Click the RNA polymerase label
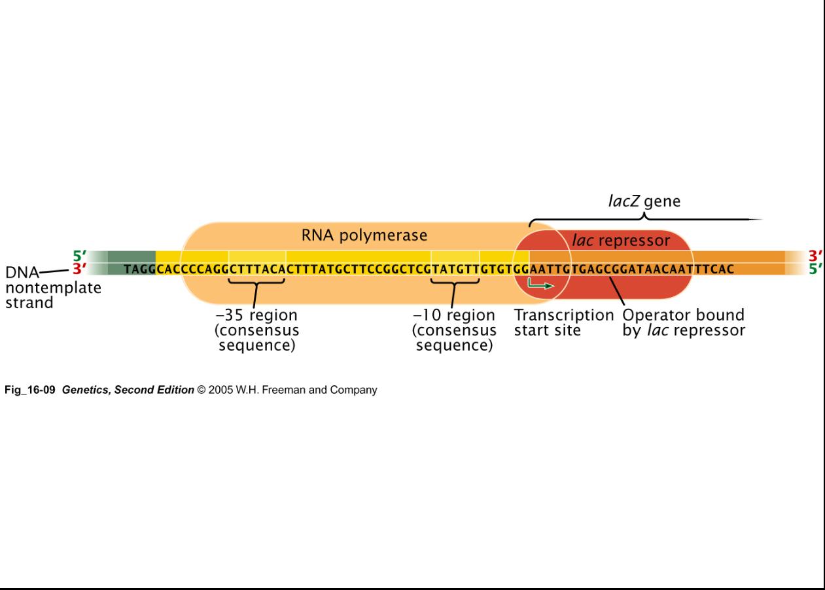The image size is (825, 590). pyautogui.click(x=364, y=235)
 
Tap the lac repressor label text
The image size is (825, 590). pyautogui.click(x=621, y=241)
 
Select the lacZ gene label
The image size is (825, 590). pyautogui.click(x=644, y=201)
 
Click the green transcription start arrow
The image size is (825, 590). pyautogui.click(x=540, y=284)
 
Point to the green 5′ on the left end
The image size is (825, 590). pyautogui.click(x=80, y=256)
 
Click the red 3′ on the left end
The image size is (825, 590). pyautogui.click(x=80, y=269)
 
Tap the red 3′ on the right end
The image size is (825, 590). pyautogui.click(x=815, y=256)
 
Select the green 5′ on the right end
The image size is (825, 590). pyautogui.click(x=815, y=269)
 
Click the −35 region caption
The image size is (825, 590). pyautogui.click(x=256, y=330)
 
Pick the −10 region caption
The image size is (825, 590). pyautogui.click(x=454, y=330)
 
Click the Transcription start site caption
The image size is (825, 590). pyautogui.click(x=564, y=322)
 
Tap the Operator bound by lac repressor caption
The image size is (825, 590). pyautogui.click(x=684, y=322)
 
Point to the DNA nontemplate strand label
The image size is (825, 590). pyautogui.click(x=53, y=288)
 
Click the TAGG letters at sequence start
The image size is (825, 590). pyautogui.click(x=140, y=269)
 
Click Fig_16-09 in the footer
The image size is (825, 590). pyautogui.click(x=30, y=390)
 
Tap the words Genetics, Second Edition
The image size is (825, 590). pyautogui.click(x=128, y=390)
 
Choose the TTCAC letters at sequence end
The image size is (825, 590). pyautogui.click(x=714, y=269)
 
